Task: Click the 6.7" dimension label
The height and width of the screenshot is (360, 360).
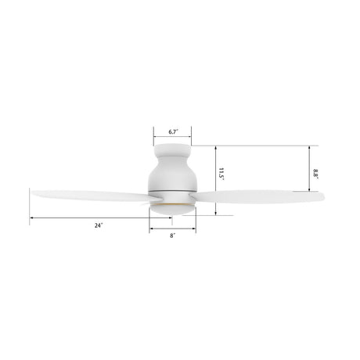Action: [173, 131]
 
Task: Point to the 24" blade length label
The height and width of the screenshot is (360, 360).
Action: [98, 225]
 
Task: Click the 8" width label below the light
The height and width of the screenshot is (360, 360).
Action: [173, 236]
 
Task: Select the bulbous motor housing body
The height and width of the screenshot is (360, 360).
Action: [173, 173]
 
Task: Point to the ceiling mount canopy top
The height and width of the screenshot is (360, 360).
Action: [173, 149]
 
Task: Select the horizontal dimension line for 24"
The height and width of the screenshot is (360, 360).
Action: [90, 218]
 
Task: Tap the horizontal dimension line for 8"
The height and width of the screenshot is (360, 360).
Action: [173, 228]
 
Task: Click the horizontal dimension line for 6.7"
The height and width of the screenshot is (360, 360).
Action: [173, 139]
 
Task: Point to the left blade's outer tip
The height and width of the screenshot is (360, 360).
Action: [33, 191]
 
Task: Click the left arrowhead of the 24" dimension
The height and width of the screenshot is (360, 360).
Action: [32, 218]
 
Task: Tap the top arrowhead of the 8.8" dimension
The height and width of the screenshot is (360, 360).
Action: [309, 146]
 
